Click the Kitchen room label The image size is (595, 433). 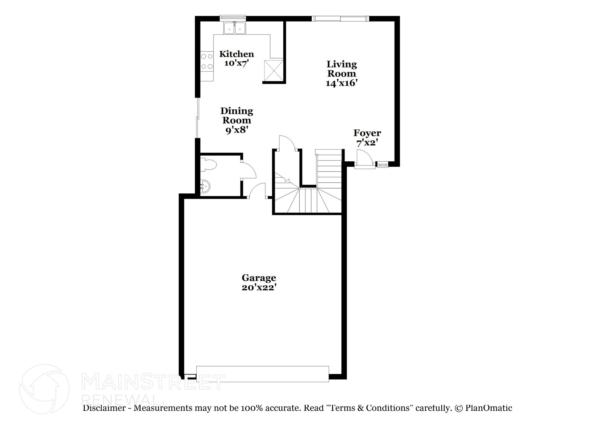(236, 54)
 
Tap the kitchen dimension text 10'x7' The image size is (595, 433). (236, 63)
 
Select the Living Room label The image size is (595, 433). (342, 69)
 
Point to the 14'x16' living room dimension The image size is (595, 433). (341, 83)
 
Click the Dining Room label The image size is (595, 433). (236, 115)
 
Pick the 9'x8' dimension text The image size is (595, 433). (236, 130)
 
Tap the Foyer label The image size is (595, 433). (367, 133)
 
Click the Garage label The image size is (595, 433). (259, 278)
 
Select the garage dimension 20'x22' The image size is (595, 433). (259, 288)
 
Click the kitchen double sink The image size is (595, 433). (234, 28)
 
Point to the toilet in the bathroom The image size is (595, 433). (209, 165)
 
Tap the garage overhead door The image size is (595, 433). (262, 374)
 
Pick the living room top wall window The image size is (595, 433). (340, 19)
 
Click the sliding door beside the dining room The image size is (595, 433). (198, 118)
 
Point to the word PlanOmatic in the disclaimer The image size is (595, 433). (489, 408)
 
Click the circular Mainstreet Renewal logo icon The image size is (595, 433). (44, 389)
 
